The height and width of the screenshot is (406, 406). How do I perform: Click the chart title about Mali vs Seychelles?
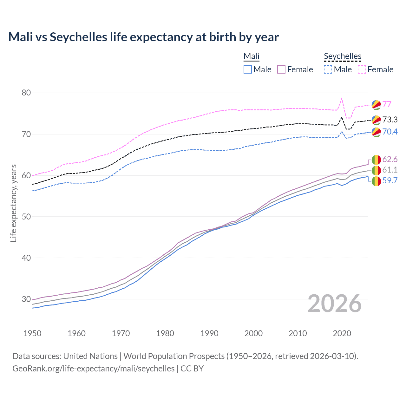pos(143,37)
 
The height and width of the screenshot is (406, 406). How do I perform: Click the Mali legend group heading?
pos(252,56)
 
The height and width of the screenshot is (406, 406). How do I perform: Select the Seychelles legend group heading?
pos(342,56)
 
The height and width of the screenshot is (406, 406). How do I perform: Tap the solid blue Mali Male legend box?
pos(248,69)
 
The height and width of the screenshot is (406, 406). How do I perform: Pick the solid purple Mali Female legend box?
pos(281,69)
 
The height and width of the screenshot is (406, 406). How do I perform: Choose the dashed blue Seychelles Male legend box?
pos(328,69)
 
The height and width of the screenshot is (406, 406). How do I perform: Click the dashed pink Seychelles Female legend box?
pos(362,69)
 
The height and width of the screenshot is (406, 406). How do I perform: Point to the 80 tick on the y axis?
pos(26,93)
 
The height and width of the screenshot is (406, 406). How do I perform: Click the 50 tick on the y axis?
pos(26,217)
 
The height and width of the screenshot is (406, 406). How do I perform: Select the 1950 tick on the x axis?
pos(32,333)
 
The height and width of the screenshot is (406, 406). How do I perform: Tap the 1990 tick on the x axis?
pos(209,333)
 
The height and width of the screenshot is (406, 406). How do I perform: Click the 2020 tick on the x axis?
pos(342,333)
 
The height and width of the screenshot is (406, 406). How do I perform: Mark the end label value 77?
pos(387,104)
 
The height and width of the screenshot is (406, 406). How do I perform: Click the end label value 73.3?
pos(390,120)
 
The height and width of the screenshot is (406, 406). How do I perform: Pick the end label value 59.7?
pos(390,180)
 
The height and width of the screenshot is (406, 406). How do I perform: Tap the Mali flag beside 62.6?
pos(376,160)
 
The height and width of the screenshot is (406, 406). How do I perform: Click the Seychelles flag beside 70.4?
pos(376,132)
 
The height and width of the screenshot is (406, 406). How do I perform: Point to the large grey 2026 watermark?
pos(335,304)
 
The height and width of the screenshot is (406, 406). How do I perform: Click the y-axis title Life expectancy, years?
pos(13,203)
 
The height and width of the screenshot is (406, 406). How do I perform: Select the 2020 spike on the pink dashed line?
pos(342,99)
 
